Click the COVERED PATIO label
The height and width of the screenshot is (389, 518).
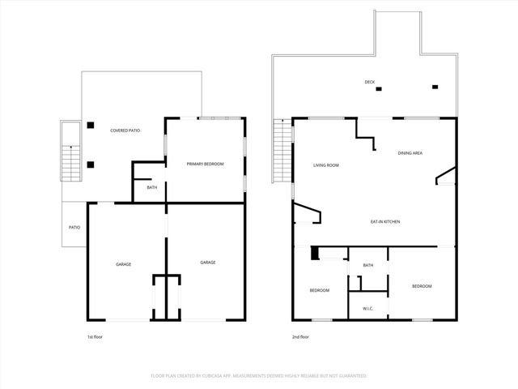tap(125, 130)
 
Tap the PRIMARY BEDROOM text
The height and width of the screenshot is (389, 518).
tap(205, 165)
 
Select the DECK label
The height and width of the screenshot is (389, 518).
tap(369, 82)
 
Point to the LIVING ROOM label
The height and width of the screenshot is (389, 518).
tap(325, 165)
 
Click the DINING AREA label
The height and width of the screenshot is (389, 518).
tap(410, 152)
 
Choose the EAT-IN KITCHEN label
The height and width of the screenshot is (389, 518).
tap(385, 221)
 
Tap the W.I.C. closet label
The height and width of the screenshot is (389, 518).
tap(367, 308)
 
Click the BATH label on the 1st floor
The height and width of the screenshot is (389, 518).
tap(151, 188)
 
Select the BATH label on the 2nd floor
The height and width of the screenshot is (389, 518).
tap(368, 266)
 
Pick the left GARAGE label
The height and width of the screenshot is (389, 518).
tap(123, 263)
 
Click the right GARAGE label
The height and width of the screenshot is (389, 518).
tap(208, 263)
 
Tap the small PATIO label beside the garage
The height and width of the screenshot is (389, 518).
tap(74, 227)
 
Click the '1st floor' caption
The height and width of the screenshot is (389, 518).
tap(95, 336)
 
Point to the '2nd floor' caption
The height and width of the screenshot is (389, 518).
tap(300, 336)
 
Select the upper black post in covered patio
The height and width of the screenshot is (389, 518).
tap(91, 126)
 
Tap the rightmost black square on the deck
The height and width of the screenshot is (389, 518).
tap(435, 87)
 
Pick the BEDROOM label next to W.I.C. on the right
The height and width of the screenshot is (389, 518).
tap(422, 286)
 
